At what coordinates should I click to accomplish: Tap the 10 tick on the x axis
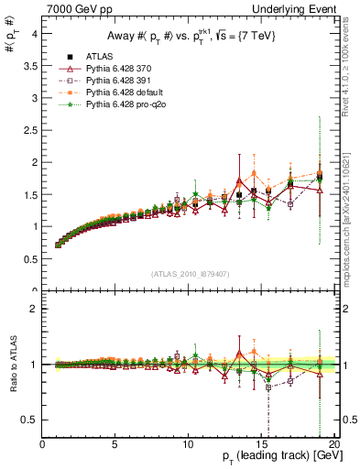click(x=188, y=444)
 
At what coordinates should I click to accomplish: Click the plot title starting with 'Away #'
click(x=187, y=37)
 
